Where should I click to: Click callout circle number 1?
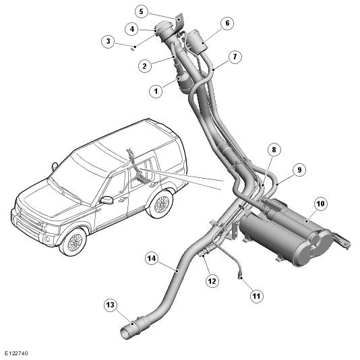(x=156, y=91)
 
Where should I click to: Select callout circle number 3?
(x=108, y=41)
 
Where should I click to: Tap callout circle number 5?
(x=141, y=11)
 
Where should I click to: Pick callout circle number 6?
(x=227, y=23)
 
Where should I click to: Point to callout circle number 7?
(x=235, y=57)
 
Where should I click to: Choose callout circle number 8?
(x=274, y=150)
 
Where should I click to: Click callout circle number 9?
(x=299, y=170)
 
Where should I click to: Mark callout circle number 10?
(x=320, y=204)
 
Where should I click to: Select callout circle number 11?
(x=256, y=296)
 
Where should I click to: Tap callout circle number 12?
(x=212, y=281)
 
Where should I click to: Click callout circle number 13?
(x=111, y=305)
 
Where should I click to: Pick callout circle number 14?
(x=152, y=258)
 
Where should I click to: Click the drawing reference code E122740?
(x=16, y=353)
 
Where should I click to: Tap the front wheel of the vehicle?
(x=73, y=242)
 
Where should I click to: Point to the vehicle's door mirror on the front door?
(x=107, y=200)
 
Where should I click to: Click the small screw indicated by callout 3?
(x=132, y=49)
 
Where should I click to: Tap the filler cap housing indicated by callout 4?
(x=163, y=30)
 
